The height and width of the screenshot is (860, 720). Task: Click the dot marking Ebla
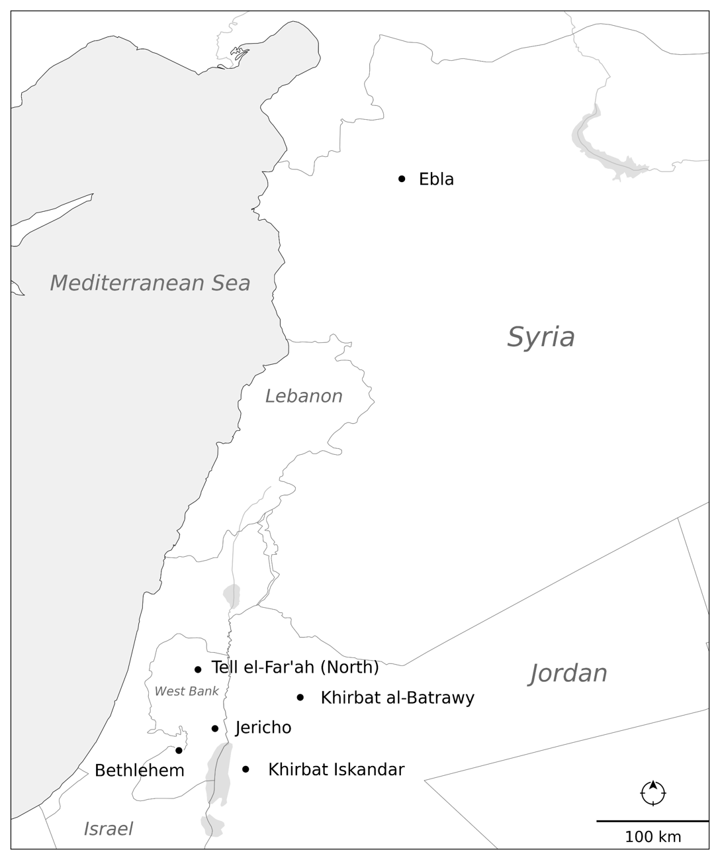pos(402,179)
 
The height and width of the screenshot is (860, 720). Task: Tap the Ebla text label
pos(436,179)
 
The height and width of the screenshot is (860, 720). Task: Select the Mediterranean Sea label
pos(150,283)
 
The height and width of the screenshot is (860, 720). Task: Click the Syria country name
pos(541,337)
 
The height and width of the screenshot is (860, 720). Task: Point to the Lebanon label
pos(304,396)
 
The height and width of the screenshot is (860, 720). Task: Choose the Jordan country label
pos(568,673)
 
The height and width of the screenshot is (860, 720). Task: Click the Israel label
pos(108,829)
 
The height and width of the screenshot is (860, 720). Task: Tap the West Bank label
pos(187,691)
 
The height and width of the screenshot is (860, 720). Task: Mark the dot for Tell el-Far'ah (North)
pos(198,669)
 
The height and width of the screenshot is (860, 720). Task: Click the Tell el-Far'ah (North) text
pos(295,667)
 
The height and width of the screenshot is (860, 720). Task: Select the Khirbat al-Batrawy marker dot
pos(300,697)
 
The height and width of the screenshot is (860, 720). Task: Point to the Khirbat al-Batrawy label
pos(397,698)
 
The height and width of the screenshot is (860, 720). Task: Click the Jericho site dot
pos(215,728)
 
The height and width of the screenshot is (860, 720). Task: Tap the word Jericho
pos(263,728)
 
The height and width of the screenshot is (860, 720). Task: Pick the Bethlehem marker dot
pos(179,750)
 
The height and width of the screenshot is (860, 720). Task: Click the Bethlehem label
pos(140,771)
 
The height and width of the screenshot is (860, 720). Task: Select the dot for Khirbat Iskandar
pos(246,769)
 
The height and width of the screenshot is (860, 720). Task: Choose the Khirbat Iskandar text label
pos(336,770)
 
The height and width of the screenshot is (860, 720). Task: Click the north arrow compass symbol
pos(653,792)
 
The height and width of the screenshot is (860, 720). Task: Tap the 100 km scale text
pos(652,837)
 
